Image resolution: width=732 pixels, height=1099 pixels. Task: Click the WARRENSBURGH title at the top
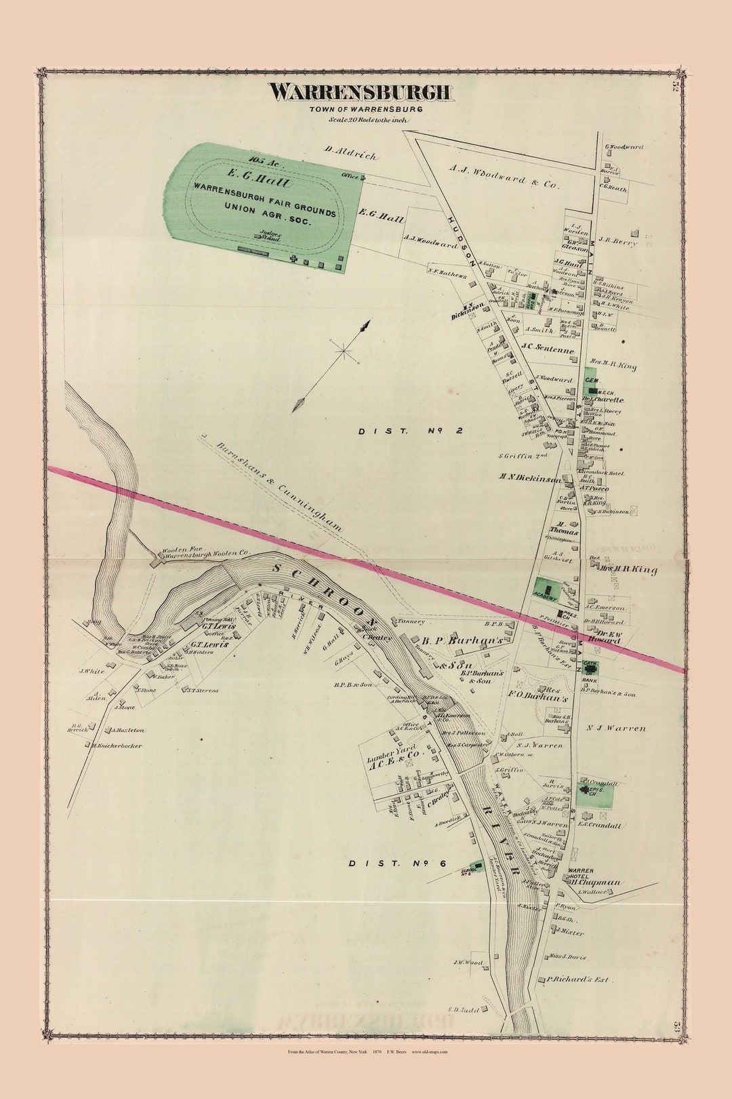point(360,92)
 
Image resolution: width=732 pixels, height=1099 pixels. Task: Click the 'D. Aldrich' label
point(350,153)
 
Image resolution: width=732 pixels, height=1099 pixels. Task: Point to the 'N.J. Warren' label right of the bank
point(616,728)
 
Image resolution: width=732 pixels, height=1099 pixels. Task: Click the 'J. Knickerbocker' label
point(117,745)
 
